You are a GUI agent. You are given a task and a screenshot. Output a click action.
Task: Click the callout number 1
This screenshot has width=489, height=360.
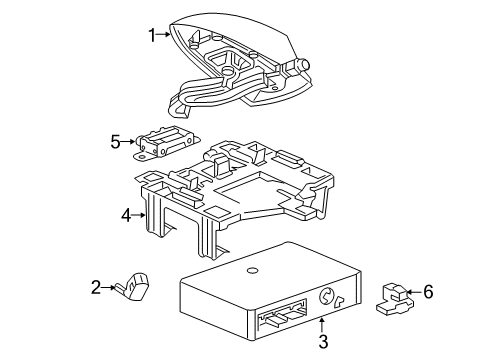point(152,36)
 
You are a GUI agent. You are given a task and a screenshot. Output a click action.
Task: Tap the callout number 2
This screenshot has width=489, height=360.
point(124,288)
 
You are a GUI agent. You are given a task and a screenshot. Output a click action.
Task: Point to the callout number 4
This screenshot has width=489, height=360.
point(126,213)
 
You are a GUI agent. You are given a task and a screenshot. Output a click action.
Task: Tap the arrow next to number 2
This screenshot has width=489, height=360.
point(136,288)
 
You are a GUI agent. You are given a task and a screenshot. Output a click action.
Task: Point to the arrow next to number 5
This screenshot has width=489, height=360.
point(129,142)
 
